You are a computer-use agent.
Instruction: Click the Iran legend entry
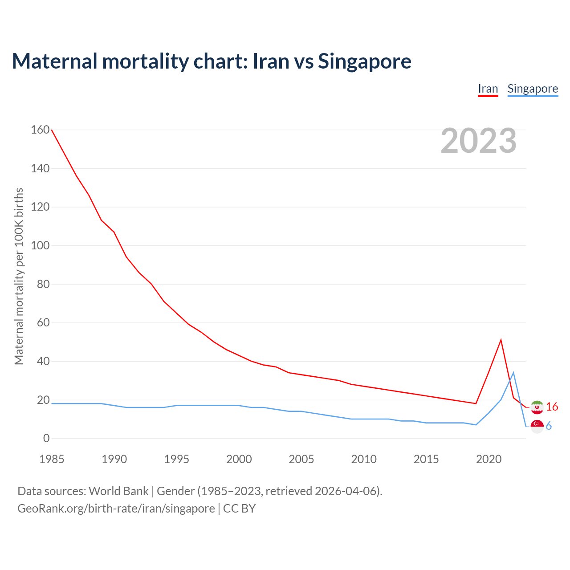coord(488,89)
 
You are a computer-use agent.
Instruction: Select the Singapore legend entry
coord(533,89)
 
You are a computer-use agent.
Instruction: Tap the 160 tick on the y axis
coord(40,130)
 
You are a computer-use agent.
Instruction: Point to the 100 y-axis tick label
coord(40,246)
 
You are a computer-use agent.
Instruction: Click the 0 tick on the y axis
coord(46,439)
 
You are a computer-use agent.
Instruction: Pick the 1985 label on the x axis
coord(52,459)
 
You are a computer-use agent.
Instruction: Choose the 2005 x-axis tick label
coord(301,459)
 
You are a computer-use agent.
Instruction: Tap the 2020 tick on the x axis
coord(489,459)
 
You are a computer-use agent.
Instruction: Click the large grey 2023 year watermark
coord(478,141)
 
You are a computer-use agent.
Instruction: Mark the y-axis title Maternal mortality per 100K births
coord(19,276)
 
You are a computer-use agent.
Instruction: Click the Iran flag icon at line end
coord(537,407)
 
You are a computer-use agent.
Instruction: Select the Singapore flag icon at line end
coord(537,426)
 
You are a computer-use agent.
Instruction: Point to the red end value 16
coord(552,407)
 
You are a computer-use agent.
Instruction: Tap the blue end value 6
coord(549,426)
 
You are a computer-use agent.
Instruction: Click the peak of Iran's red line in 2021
coord(501,340)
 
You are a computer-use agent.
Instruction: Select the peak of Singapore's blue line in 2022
coord(513,373)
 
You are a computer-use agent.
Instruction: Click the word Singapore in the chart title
coord(364,61)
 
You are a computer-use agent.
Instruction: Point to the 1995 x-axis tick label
coord(177,459)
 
